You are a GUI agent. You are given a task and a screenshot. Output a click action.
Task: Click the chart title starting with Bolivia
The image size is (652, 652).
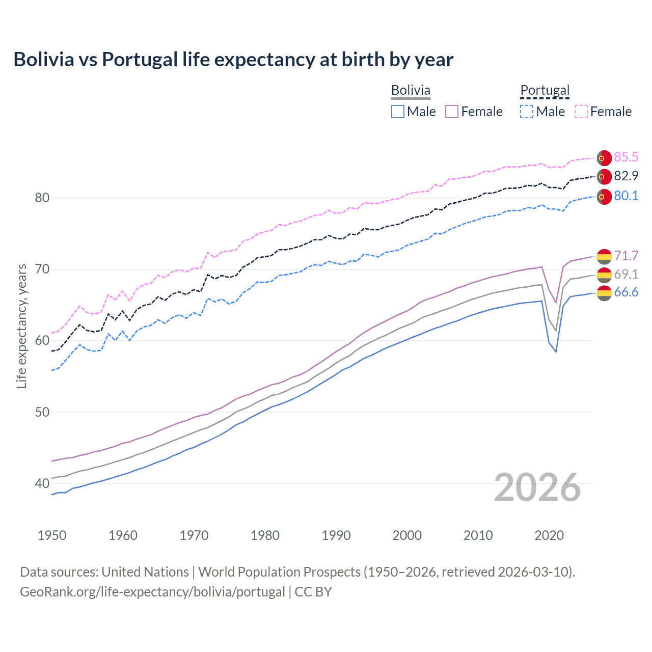point(233,60)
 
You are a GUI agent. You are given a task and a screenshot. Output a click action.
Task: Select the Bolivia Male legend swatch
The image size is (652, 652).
point(398,112)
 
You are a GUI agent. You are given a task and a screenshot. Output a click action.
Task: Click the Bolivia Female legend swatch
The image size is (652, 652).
point(452,112)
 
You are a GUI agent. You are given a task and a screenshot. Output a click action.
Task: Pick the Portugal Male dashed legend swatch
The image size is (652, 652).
point(527,112)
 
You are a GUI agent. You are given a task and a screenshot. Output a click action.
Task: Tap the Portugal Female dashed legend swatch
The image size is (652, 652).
point(581,112)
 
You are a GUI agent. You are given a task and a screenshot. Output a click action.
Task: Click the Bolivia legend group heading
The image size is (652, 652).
point(411,90)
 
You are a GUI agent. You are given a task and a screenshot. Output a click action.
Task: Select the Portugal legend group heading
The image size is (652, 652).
point(545,90)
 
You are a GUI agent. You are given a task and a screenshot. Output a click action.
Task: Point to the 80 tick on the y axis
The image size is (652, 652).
point(42,198)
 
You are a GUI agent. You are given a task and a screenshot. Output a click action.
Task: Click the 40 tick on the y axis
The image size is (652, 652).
point(42,483)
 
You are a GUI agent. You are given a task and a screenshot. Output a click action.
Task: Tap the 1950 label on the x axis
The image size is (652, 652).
point(52,535)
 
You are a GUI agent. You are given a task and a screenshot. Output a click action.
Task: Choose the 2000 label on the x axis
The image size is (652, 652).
point(407,535)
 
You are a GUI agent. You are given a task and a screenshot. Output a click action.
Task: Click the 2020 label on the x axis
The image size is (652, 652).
point(549,535)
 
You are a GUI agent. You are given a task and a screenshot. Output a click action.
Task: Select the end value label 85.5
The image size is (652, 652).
point(626,157)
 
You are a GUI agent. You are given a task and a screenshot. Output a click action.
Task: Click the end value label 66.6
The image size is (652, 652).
point(626,292)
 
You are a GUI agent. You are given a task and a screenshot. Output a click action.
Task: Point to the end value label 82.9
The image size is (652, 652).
point(626,176)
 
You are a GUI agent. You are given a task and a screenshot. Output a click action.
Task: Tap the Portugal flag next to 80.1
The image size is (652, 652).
point(604,196)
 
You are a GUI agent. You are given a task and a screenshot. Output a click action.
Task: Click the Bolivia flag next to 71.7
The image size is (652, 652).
point(604,256)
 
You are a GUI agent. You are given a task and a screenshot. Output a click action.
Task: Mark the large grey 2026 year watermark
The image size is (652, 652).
point(537,487)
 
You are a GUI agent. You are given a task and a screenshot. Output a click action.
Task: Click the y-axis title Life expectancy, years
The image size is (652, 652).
point(21,326)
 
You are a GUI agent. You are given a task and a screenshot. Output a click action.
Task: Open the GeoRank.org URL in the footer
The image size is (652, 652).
point(152,592)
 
